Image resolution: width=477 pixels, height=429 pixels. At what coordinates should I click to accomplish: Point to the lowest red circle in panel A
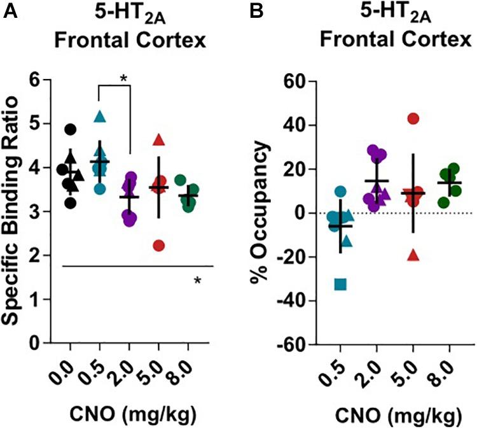point(160,246)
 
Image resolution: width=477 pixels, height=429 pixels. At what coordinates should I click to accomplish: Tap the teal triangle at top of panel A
point(99,116)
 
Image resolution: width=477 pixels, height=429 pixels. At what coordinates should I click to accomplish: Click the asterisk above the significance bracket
point(124,78)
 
